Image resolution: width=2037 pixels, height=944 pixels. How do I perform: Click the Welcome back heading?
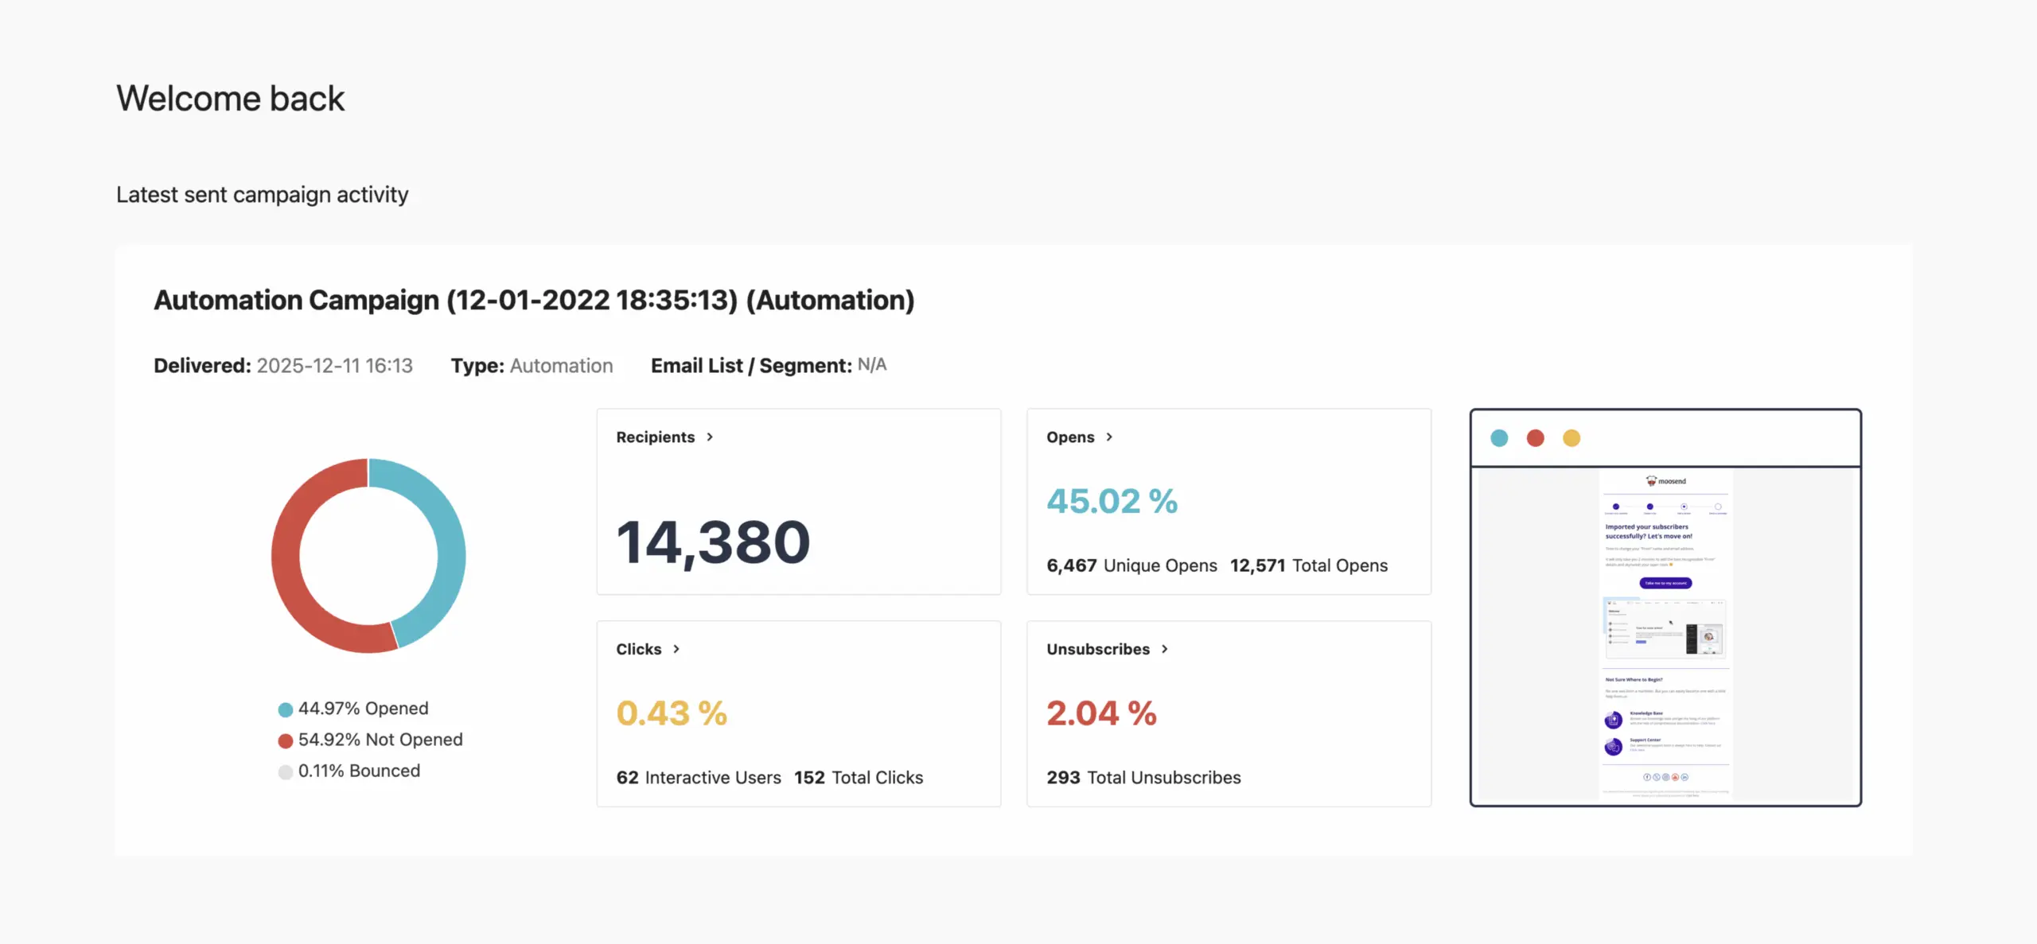pyautogui.click(x=230, y=99)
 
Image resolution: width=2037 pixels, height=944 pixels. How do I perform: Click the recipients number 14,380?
pyautogui.click(x=713, y=542)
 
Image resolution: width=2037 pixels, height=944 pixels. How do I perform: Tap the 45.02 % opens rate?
pyautogui.click(x=1112, y=501)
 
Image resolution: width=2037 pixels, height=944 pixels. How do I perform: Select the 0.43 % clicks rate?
pyautogui.click(x=672, y=713)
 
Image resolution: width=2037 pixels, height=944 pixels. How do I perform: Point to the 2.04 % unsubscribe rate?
pyautogui.click(x=1101, y=713)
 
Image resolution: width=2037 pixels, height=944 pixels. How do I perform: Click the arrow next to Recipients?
pyautogui.click(x=710, y=437)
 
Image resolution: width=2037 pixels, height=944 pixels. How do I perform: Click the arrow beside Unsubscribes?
pyautogui.click(x=1165, y=649)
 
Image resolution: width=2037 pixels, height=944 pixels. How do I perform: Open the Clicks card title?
pyautogui.click(x=638, y=649)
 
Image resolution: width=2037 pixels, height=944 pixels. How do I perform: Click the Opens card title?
pyautogui.click(x=1070, y=437)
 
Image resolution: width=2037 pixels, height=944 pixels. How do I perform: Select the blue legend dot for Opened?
pyautogui.click(x=285, y=709)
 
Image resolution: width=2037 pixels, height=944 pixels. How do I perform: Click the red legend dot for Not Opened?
pyautogui.click(x=285, y=741)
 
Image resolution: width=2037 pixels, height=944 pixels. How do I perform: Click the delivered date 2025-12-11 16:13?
pyautogui.click(x=334, y=366)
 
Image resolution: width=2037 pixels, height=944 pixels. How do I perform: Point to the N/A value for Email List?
pyautogui.click(x=871, y=365)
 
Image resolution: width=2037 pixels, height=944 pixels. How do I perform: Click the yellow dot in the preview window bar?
pyautogui.click(x=1572, y=438)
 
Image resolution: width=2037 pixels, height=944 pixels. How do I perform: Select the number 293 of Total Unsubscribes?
pyautogui.click(x=1063, y=777)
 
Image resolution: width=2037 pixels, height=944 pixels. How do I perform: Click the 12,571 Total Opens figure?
pyautogui.click(x=1257, y=565)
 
